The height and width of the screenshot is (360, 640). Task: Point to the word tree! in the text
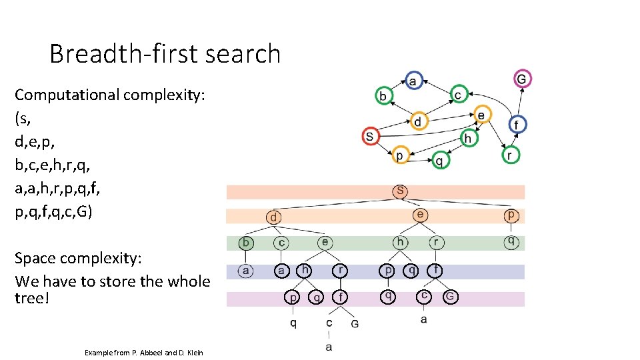coord(32,298)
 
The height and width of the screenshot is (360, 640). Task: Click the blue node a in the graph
coord(413,81)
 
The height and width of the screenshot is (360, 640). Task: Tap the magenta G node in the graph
coord(522,79)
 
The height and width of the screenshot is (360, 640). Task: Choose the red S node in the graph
coord(371,137)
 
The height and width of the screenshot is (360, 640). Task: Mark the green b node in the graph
coord(383,96)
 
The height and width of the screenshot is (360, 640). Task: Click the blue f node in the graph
coord(517,124)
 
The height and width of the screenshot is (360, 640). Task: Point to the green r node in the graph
coord(510,155)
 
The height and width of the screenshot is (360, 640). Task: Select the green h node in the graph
coord(469,138)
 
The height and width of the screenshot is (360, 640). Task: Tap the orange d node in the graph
coord(418,122)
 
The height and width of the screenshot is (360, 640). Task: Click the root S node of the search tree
coord(399,191)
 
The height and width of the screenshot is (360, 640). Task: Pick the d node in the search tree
coord(273,217)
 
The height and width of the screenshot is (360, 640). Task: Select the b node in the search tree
coord(247,243)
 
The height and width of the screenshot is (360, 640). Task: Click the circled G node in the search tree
coord(450,297)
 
